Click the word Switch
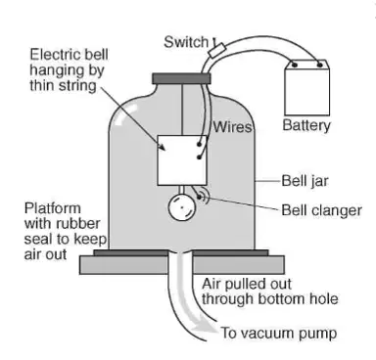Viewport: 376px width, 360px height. pyautogui.click(x=186, y=42)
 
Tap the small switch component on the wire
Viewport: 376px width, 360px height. pyautogui.click(x=217, y=50)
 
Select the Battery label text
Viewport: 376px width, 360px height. pyautogui.click(x=306, y=125)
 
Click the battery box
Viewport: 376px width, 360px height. pyautogui.click(x=306, y=88)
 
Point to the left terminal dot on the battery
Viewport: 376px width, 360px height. pyautogui.click(x=295, y=65)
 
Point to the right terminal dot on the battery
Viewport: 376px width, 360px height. pyautogui.click(x=319, y=65)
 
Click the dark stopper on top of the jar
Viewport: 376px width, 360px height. pyautogui.click(x=181, y=78)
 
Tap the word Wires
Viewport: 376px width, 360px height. pyautogui.click(x=233, y=127)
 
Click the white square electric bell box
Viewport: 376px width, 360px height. pyautogui.click(x=182, y=160)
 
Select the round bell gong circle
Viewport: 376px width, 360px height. pyautogui.click(x=182, y=208)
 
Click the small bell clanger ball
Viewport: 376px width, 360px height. pyautogui.click(x=199, y=197)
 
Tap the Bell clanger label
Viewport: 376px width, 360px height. pyautogui.click(x=321, y=210)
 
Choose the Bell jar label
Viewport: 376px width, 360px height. pyautogui.click(x=305, y=181)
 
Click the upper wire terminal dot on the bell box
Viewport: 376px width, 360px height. pyautogui.click(x=199, y=144)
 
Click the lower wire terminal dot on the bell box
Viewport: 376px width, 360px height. pyautogui.click(x=199, y=157)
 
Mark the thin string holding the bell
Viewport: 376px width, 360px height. pyautogui.click(x=182, y=110)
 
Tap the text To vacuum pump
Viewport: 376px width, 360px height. pyautogui.click(x=279, y=334)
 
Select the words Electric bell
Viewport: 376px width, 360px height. pyautogui.click(x=69, y=55)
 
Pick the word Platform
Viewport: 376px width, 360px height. pyautogui.click(x=53, y=208)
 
